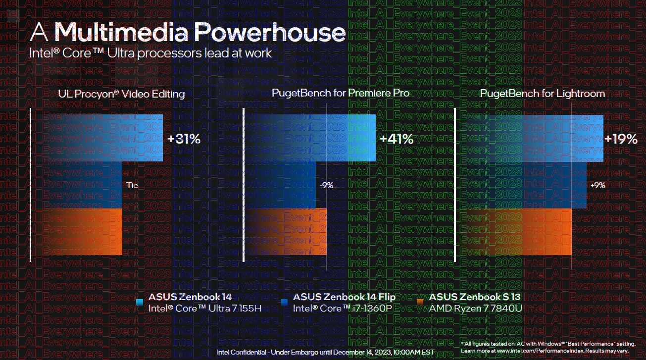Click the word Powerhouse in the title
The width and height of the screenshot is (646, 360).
pyautogui.click(x=269, y=32)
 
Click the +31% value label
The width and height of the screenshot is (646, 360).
pyautogui.click(x=184, y=139)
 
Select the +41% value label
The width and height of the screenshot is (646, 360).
pyautogui.click(x=396, y=139)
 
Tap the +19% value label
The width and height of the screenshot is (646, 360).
pyautogui.click(x=621, y=139)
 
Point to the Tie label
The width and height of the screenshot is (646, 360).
pyautogui.click(x=132, y=186)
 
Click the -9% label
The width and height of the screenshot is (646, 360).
pyautogui.click(x=326, y=186)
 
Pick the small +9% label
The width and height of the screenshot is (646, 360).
pyautogui.click(x=597, y=186)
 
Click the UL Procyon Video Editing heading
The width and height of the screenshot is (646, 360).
pyautogui.click(x=121, y=94)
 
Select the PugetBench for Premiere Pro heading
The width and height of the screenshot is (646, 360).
pyautogui.click(x=341, y=93)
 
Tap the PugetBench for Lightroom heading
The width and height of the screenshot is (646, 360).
pyautogui.click(x=543, y=93)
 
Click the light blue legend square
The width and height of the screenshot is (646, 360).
pyautogui.click(x=140, y=302)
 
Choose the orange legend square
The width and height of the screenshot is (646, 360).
pyautogui.click(x=420, y=302)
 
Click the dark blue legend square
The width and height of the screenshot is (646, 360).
pyautogui.click(x=284, y=302)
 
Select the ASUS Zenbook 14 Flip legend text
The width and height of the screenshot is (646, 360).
pyautogui.click(x=344, y=297)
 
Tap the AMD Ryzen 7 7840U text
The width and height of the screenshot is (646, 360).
pyautogui.click(x=476, y=309)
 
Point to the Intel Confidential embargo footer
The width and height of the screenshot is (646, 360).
pyautogui.click(x=325, y=352)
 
